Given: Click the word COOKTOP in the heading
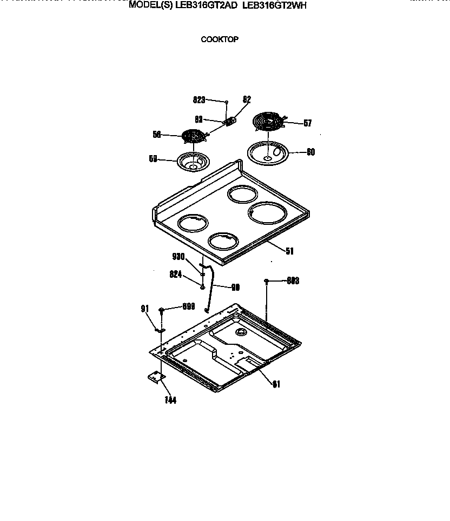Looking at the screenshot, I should click(x=220, y=39).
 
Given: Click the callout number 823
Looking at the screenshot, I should click(x=199, y=100).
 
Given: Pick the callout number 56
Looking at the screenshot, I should click(x=157, y=135).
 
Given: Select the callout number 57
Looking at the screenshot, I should click(x=307, y=123).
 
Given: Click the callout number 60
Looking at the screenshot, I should click(x=310, y=152).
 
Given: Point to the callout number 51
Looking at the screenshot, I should click(x=289, y=250).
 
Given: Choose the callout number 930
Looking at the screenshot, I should click(x=178, y=257).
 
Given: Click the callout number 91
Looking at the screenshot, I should click(x=144, y=309).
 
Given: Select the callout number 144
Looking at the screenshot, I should click(x=171, y=400).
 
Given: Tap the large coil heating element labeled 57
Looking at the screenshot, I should click(x=269, y=122).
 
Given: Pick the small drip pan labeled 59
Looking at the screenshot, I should click(x=192, y=162).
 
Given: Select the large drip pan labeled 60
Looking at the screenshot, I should click(x=266, y=152).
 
